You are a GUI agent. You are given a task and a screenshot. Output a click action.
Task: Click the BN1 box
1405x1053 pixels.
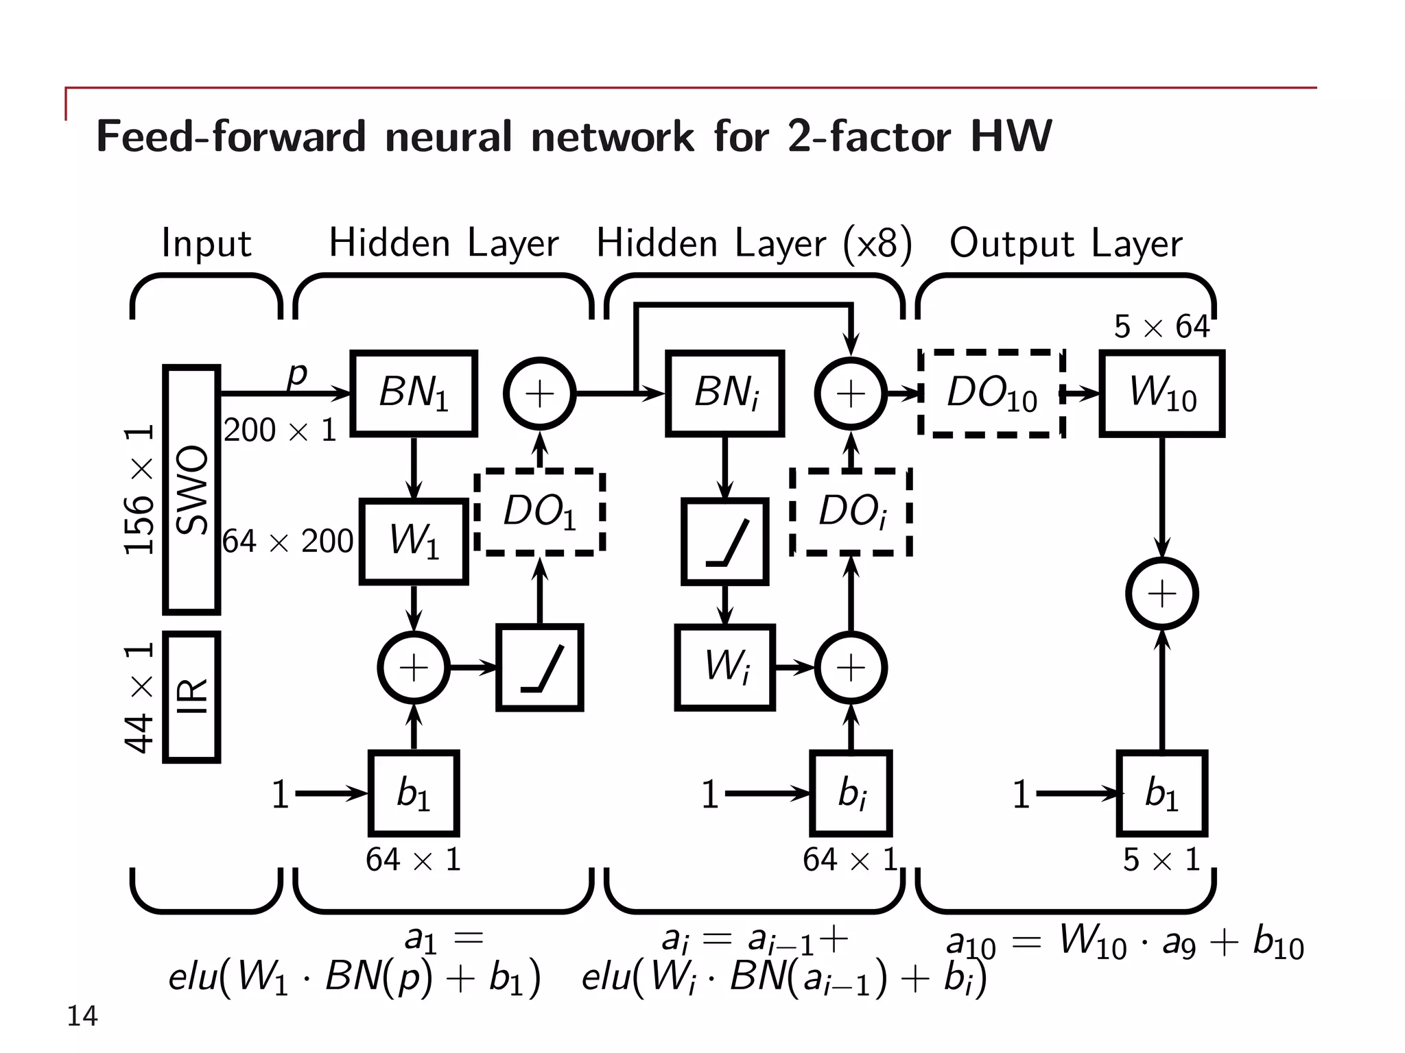click(413, 394)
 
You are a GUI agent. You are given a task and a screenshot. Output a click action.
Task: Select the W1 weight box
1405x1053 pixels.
click(413, 541)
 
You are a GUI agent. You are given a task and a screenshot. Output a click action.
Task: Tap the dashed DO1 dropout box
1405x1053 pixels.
click(539, 512)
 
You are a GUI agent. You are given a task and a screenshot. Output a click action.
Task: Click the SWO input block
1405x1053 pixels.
click(191, 489)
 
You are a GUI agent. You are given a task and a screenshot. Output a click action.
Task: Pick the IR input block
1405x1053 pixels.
click(191, 697)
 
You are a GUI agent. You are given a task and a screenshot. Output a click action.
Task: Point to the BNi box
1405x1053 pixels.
click(724, 394)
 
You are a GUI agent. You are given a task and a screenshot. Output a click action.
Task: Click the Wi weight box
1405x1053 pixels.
click(724, 667)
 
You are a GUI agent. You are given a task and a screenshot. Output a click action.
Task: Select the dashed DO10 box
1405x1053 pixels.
click(991, 394)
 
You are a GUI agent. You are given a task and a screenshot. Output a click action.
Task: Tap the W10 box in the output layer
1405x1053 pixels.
click(1161, 394)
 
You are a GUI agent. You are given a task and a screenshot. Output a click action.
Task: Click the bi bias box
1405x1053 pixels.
click(851, 793)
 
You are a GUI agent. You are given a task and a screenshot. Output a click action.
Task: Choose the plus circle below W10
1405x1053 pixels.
click(1161, 593)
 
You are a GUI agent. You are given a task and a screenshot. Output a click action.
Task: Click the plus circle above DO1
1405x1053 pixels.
click(539, 394)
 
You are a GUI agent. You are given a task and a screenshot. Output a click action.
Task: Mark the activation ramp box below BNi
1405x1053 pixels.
click(724, 542)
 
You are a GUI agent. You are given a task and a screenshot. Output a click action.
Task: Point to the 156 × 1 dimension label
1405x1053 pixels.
click(139, 489)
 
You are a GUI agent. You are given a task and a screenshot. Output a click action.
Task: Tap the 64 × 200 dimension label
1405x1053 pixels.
click(288, 542)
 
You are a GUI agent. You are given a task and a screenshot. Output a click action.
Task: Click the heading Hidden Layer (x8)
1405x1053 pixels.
click(753, 243)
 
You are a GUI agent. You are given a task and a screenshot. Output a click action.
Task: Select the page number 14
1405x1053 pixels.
click(82, 1015)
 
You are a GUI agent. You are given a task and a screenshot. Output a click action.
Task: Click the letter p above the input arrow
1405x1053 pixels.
click(297, 374)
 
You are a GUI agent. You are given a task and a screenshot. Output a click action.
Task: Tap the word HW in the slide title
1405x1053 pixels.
click(1011, 136)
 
